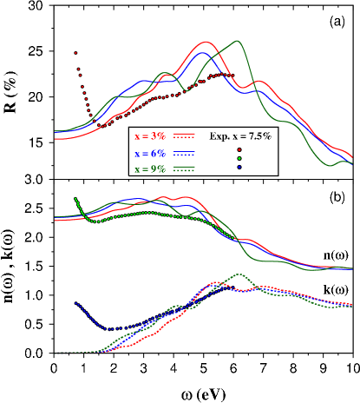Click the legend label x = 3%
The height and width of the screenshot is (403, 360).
(x=150, y=136)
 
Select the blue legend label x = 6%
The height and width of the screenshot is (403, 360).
(x=150, y=153)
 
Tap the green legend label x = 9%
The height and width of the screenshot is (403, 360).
(x=150, y=168)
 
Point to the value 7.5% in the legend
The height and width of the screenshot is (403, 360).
(x=257, y=136)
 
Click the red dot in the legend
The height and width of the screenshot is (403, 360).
(x=239, y=149)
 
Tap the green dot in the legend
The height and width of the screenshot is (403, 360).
(x=239, y=158)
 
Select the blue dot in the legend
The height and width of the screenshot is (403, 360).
(x=239, y=167)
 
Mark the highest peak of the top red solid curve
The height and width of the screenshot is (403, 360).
(x=207, y=42)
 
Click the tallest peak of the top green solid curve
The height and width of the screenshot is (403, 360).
(x=237, y=40)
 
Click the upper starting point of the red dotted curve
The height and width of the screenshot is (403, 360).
(x=75, y=53)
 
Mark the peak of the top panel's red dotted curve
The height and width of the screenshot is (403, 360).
(x=224, y=75)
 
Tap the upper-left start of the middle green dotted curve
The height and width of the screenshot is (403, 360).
(x=76, y=199)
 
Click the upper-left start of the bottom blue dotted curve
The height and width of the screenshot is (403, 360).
(x=76, y=302)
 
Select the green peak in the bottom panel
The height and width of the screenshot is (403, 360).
(x=239, y=274)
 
